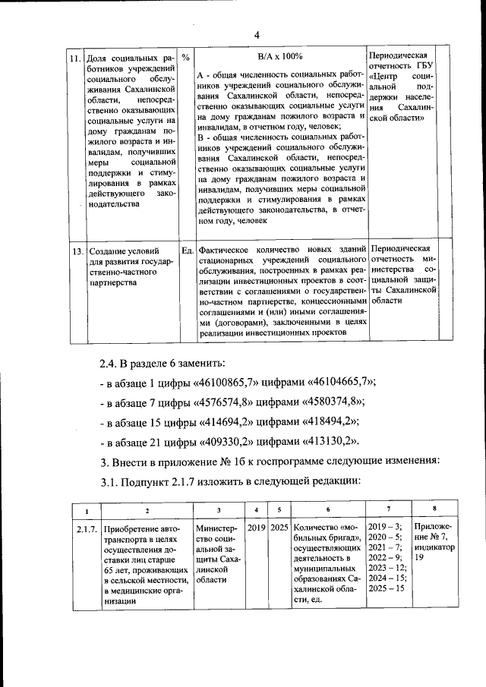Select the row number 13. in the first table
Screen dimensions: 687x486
click(75, 250)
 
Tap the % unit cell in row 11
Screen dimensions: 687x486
click(186, 58)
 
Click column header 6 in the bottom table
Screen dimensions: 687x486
click(327, 510)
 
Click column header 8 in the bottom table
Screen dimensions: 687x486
click(434, 509)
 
